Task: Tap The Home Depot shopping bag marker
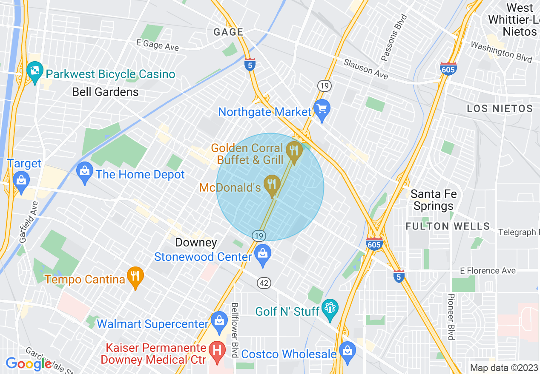(x=85, y=172)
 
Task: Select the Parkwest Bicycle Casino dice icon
(x=34, y=71)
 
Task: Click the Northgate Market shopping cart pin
(x=322, y=109)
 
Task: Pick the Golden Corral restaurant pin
(x=294, y=151)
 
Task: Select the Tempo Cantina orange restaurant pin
(x=135, y=277)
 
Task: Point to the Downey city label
(x=196, y=243)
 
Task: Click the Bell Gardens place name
(x=105, y=92)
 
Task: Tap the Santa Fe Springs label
(x=434, y=200)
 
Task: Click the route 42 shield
(x=264, y=282)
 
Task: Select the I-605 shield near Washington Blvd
(x=448, y=68)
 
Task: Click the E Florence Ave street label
(x=488, y=271)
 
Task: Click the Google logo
(x=29, y=364)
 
